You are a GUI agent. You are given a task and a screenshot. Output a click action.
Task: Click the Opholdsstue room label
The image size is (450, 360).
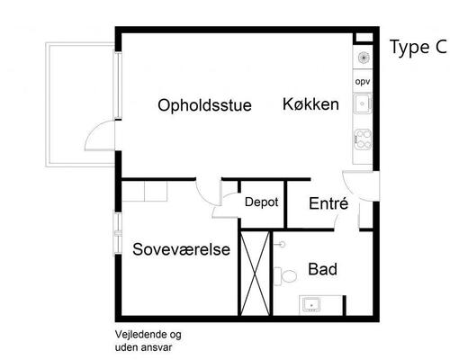[x=204, y=105]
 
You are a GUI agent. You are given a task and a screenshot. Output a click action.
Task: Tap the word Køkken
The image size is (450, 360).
[x=310, y=104]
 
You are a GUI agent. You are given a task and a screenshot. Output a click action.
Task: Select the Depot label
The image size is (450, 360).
[x=261, y=203]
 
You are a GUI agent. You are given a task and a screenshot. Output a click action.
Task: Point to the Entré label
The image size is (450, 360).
[x=328, y=204]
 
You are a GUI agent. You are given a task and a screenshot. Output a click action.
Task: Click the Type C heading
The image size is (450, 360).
[x=418, y=49]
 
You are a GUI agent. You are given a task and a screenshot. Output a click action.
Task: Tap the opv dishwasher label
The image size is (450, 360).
[x=363, y=82]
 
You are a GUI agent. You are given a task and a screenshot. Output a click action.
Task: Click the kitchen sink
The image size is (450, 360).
[x=364, y=106]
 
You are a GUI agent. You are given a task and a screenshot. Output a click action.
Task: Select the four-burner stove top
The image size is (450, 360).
[x=364, y=140]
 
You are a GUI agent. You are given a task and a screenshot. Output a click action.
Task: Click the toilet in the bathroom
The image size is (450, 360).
[x=288, y=274]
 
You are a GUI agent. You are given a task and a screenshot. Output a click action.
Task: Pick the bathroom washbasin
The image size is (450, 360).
[x=312, y=304]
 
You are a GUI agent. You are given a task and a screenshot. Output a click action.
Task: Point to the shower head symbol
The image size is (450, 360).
[x=282, y=243]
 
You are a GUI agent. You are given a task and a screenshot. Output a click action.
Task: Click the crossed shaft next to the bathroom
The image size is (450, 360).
[x=256, y=270]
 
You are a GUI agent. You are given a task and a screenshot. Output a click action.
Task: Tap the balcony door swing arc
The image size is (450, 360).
[x=94, y=139]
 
